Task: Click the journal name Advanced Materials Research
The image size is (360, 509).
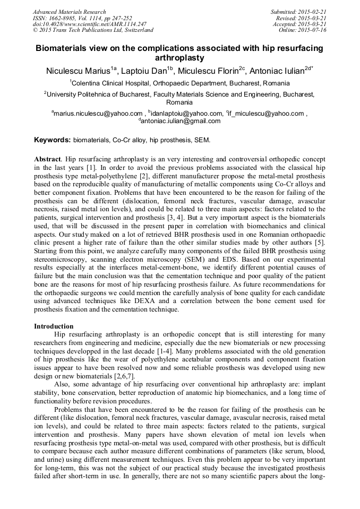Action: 69,12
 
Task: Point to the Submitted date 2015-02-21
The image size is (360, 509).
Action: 300,12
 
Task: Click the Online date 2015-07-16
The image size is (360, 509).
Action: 303,30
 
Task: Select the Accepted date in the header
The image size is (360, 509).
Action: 301,24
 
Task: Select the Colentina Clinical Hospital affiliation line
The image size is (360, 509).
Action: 179,83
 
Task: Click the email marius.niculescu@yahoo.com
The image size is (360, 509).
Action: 97,113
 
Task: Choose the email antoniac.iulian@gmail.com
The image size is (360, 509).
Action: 180,121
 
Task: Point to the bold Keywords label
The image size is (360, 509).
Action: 52,140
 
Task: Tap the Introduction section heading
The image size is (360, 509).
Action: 54,326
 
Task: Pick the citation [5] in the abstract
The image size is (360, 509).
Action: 321,252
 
